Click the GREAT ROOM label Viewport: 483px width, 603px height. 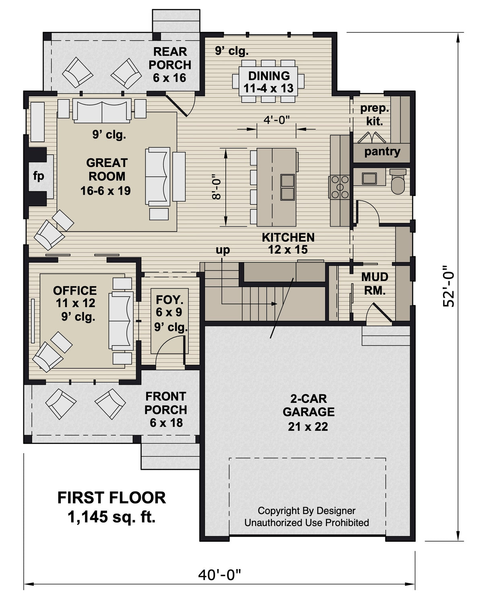pyautogui.click(x=107, y=169)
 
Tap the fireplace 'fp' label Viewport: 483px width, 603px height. pyautogui.click(x=39, y=176)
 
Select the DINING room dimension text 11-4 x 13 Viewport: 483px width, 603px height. pyautogui.click(x=269, y=88)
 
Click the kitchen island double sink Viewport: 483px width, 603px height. pyautogui.click(x=287, y=187)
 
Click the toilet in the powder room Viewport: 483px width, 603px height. pyautogui.click(x=398, y=182)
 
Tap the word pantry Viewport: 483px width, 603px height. pyautogui.click(x=382, y=152)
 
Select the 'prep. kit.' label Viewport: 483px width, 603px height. pyautogui.click(x=375, y=114)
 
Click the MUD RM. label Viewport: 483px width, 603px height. pyautogui.click(x=375, y=283)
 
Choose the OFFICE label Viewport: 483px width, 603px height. pyautogui.click(x=75, y=291)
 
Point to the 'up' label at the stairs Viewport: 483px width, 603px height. pyautogui.click(x=223, y=250)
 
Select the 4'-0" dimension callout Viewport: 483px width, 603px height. pyautogui.click(x=277, y=120)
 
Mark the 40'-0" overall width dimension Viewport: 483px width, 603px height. pyautogui.click(x=219, y=575)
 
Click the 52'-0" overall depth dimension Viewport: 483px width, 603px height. pyautogui.click(x=448, y=286)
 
